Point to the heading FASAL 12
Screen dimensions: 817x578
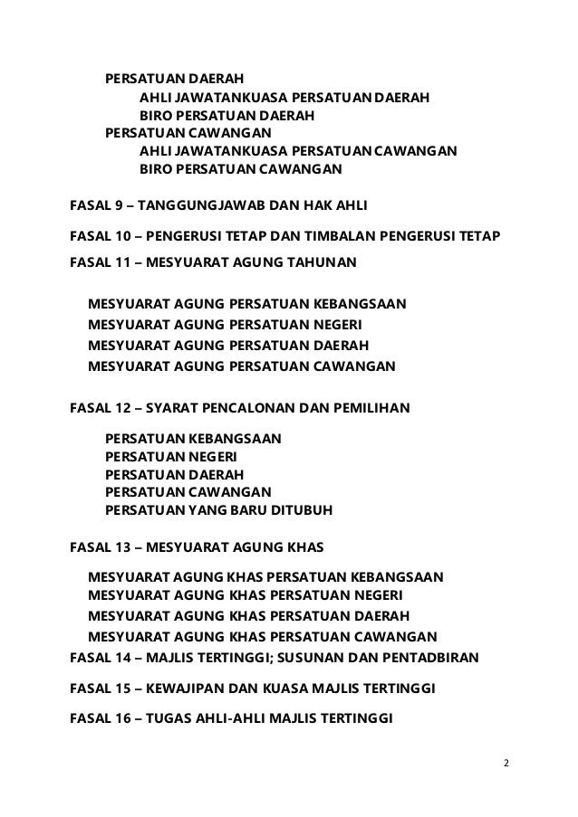click(x=240, y=408)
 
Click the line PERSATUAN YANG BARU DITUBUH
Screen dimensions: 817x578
click(x=219, y=511)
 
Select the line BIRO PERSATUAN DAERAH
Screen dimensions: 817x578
click(x=226, y=116)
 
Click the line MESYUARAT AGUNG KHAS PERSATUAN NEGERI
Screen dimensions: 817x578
click(x=245, y=595)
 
